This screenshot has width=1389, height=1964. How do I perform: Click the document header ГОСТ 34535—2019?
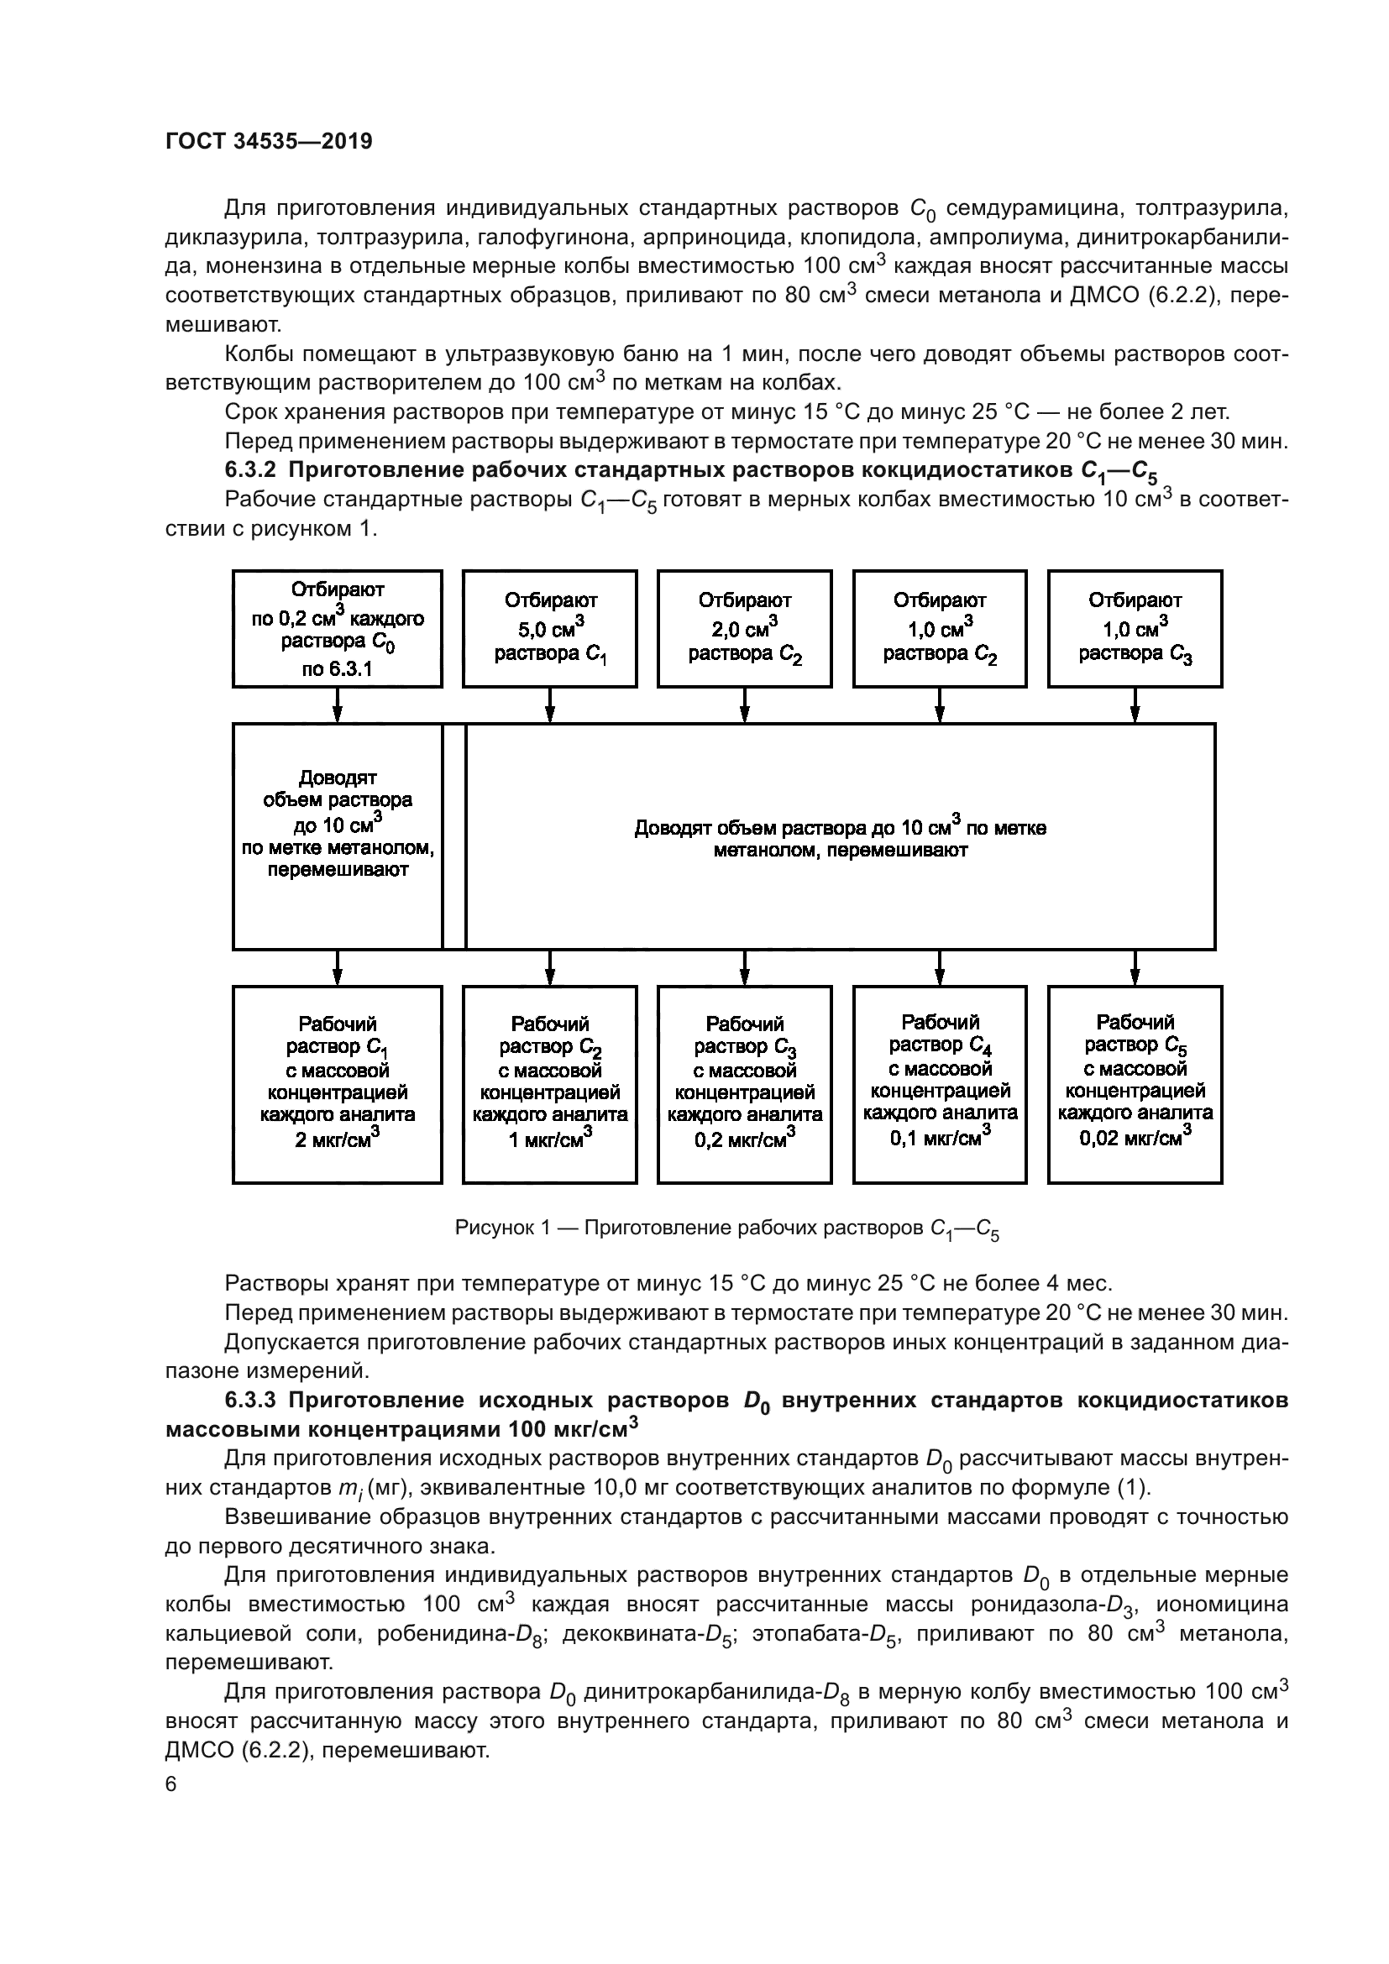click(x=269, y=142)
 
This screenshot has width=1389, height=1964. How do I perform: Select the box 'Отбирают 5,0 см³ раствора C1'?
click(x=550, y=629)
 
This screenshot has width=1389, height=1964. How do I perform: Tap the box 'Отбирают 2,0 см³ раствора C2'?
click(x=745, y=629)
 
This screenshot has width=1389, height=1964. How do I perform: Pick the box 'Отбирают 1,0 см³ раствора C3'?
click(x=1135, y=629)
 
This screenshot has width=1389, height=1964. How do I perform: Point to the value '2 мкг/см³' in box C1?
click(x=337, y=1139)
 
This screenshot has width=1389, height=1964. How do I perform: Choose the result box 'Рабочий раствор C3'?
click(x=745, y=1084)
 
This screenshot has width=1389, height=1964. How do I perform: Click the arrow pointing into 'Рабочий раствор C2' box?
click(x=550, y=967)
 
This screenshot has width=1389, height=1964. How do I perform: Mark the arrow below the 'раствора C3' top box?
click(x=1135, y=704)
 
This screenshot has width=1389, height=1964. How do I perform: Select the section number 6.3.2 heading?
click(x=253, y=470)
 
